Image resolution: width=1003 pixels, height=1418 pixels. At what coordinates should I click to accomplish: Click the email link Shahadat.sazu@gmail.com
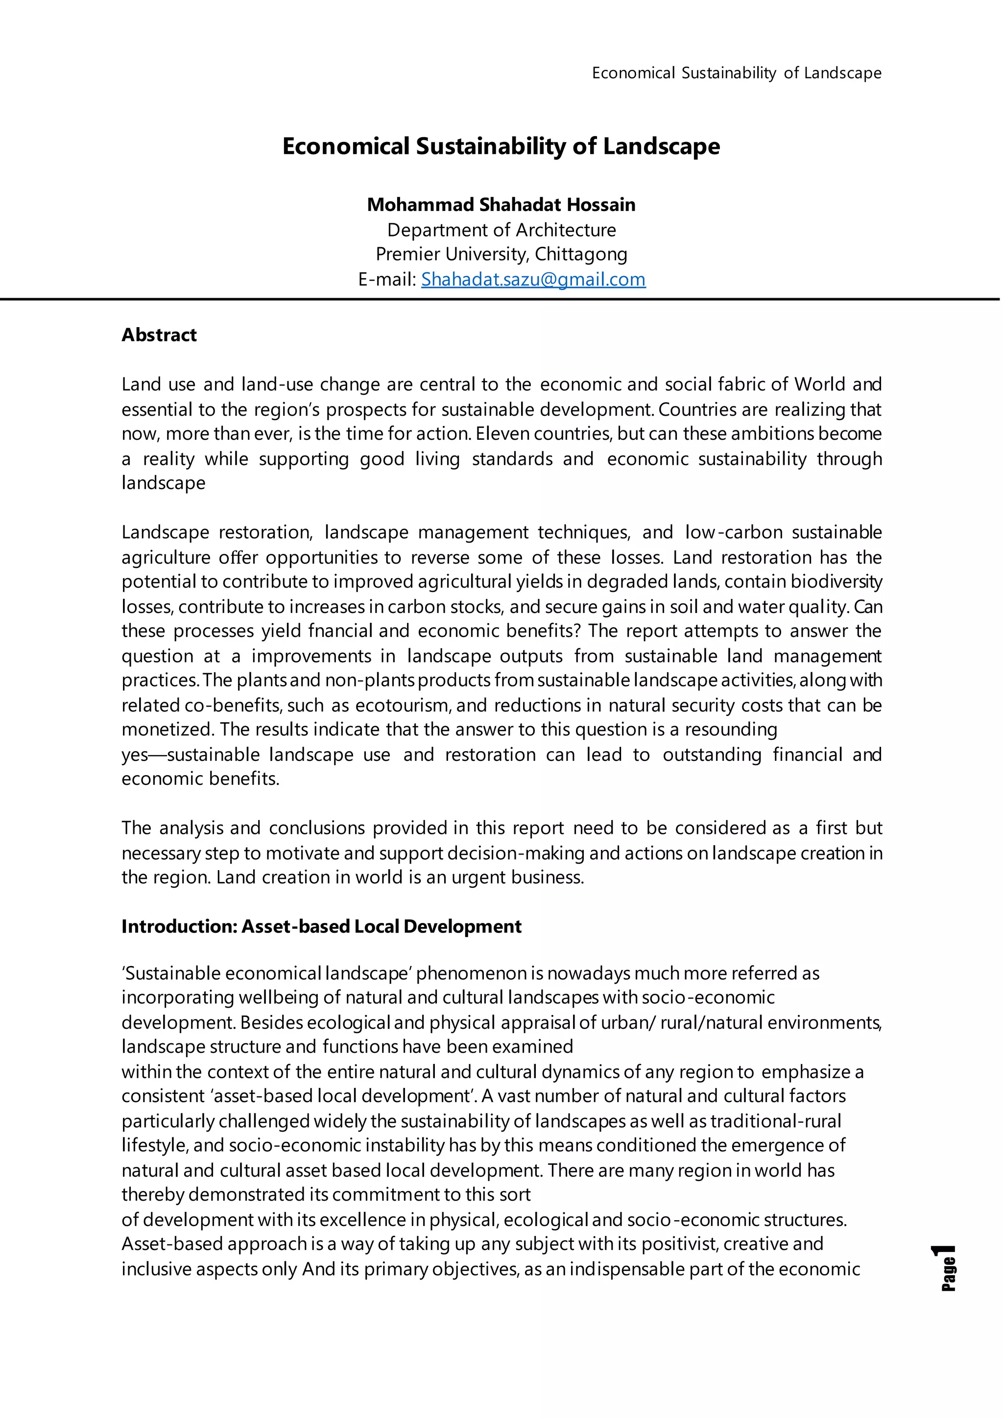pos(533,280)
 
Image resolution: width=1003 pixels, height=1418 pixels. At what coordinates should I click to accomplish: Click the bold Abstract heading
pos(159,335)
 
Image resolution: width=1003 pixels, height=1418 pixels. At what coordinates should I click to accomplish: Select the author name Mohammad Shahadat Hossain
pos(501,204)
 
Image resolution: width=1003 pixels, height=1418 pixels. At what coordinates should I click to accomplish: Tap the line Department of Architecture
pos(501,230)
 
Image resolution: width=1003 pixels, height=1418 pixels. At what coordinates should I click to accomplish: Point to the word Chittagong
pos(580,255)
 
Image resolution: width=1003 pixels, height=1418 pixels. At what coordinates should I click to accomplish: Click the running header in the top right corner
pos(736,73)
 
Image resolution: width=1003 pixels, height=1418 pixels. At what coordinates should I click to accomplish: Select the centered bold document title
pos(501,146)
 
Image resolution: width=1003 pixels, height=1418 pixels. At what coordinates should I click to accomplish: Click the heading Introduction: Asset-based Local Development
pos(321,926)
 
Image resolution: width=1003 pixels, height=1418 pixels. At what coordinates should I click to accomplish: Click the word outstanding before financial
pos(712,755)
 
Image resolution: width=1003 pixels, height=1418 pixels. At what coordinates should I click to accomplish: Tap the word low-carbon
pos(734,532)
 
